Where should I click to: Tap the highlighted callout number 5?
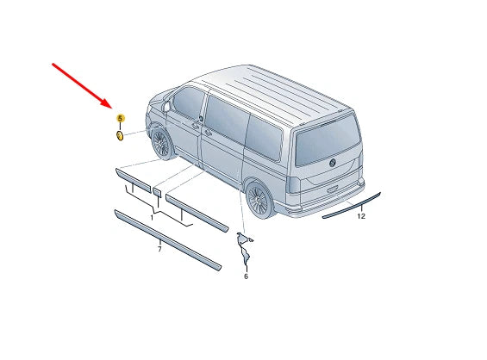click(120, 118)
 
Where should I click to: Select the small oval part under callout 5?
click(120, 134)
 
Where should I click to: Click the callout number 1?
click(152, 219)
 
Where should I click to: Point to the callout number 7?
click(159, 248)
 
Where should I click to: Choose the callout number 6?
click(246, 276)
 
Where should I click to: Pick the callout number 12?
click(361, 217)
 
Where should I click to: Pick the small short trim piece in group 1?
click(158, 189)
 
